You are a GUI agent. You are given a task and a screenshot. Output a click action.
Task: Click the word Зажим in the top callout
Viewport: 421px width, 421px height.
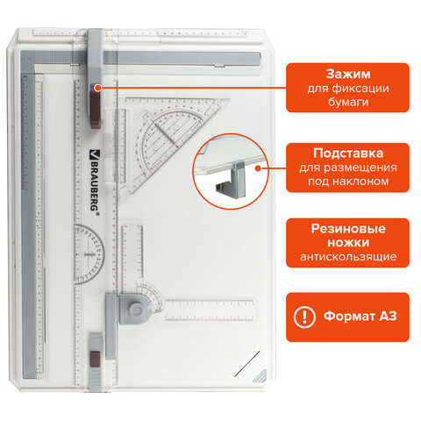tap(348, 74)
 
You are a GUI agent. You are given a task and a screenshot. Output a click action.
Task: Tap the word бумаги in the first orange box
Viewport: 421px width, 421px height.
tap(348, 102)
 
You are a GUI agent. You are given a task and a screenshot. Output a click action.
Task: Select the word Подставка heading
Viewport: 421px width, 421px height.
tap(348, 153)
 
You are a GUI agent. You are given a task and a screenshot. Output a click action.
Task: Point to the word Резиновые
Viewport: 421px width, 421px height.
tap(348, 229)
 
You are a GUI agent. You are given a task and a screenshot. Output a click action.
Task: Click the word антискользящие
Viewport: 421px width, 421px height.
tap(348, 257)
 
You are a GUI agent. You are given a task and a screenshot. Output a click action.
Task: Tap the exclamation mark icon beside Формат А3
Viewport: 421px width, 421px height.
tap(304, 317)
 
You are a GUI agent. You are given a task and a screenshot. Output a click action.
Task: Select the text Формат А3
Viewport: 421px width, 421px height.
tap(360, 316)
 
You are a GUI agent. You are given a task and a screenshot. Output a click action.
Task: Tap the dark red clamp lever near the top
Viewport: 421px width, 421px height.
tap(95, 110)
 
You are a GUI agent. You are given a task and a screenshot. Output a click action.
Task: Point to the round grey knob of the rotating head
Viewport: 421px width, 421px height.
tap(135, 309)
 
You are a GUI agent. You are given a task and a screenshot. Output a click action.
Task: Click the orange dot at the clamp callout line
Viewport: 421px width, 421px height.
tap(98, 88)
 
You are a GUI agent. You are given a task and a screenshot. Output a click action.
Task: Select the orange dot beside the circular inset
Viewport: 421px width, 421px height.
tap(258, 168)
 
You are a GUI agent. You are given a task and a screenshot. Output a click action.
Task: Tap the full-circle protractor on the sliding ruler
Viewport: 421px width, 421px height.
tap(88, 254)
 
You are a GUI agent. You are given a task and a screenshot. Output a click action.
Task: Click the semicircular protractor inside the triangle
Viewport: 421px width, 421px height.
tap(160, 140)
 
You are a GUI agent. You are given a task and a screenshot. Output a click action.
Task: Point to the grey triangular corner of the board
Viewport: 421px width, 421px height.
tap(260, 376)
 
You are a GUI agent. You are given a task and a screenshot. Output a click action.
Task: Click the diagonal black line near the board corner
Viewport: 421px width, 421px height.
tap(246, 363)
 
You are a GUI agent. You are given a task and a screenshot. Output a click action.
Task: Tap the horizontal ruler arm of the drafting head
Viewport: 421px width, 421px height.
tap(210, 310)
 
